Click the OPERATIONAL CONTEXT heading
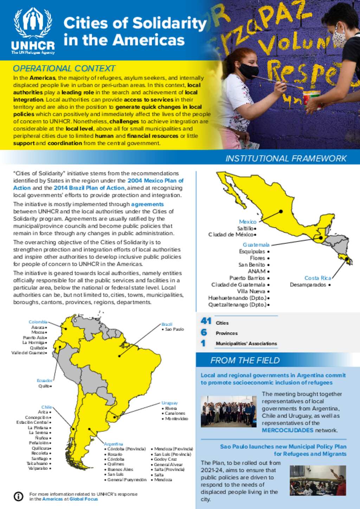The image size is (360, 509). pos(64,68)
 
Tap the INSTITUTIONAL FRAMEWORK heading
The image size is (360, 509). pos(286,158)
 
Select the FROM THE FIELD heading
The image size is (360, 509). pos(245,360)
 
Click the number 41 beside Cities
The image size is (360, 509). pos(206,321)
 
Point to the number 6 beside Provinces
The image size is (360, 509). pos(204,332)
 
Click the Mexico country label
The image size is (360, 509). pos(247,222)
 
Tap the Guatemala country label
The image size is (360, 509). pos(256,244)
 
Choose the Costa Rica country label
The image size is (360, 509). pos(317,278)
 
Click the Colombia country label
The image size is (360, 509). pos(38,322)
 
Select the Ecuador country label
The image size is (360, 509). pos(45,380)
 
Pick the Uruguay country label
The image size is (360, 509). pos(169,403)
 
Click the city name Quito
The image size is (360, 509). pos(44,386)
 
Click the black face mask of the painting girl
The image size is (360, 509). pos(249,71)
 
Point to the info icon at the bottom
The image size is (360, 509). pos(18,496)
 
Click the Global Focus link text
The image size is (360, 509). pos(84,499)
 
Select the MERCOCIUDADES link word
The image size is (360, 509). pos(287,430)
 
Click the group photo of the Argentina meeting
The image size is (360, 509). pos(228,411)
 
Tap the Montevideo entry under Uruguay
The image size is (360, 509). pos(176,418)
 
